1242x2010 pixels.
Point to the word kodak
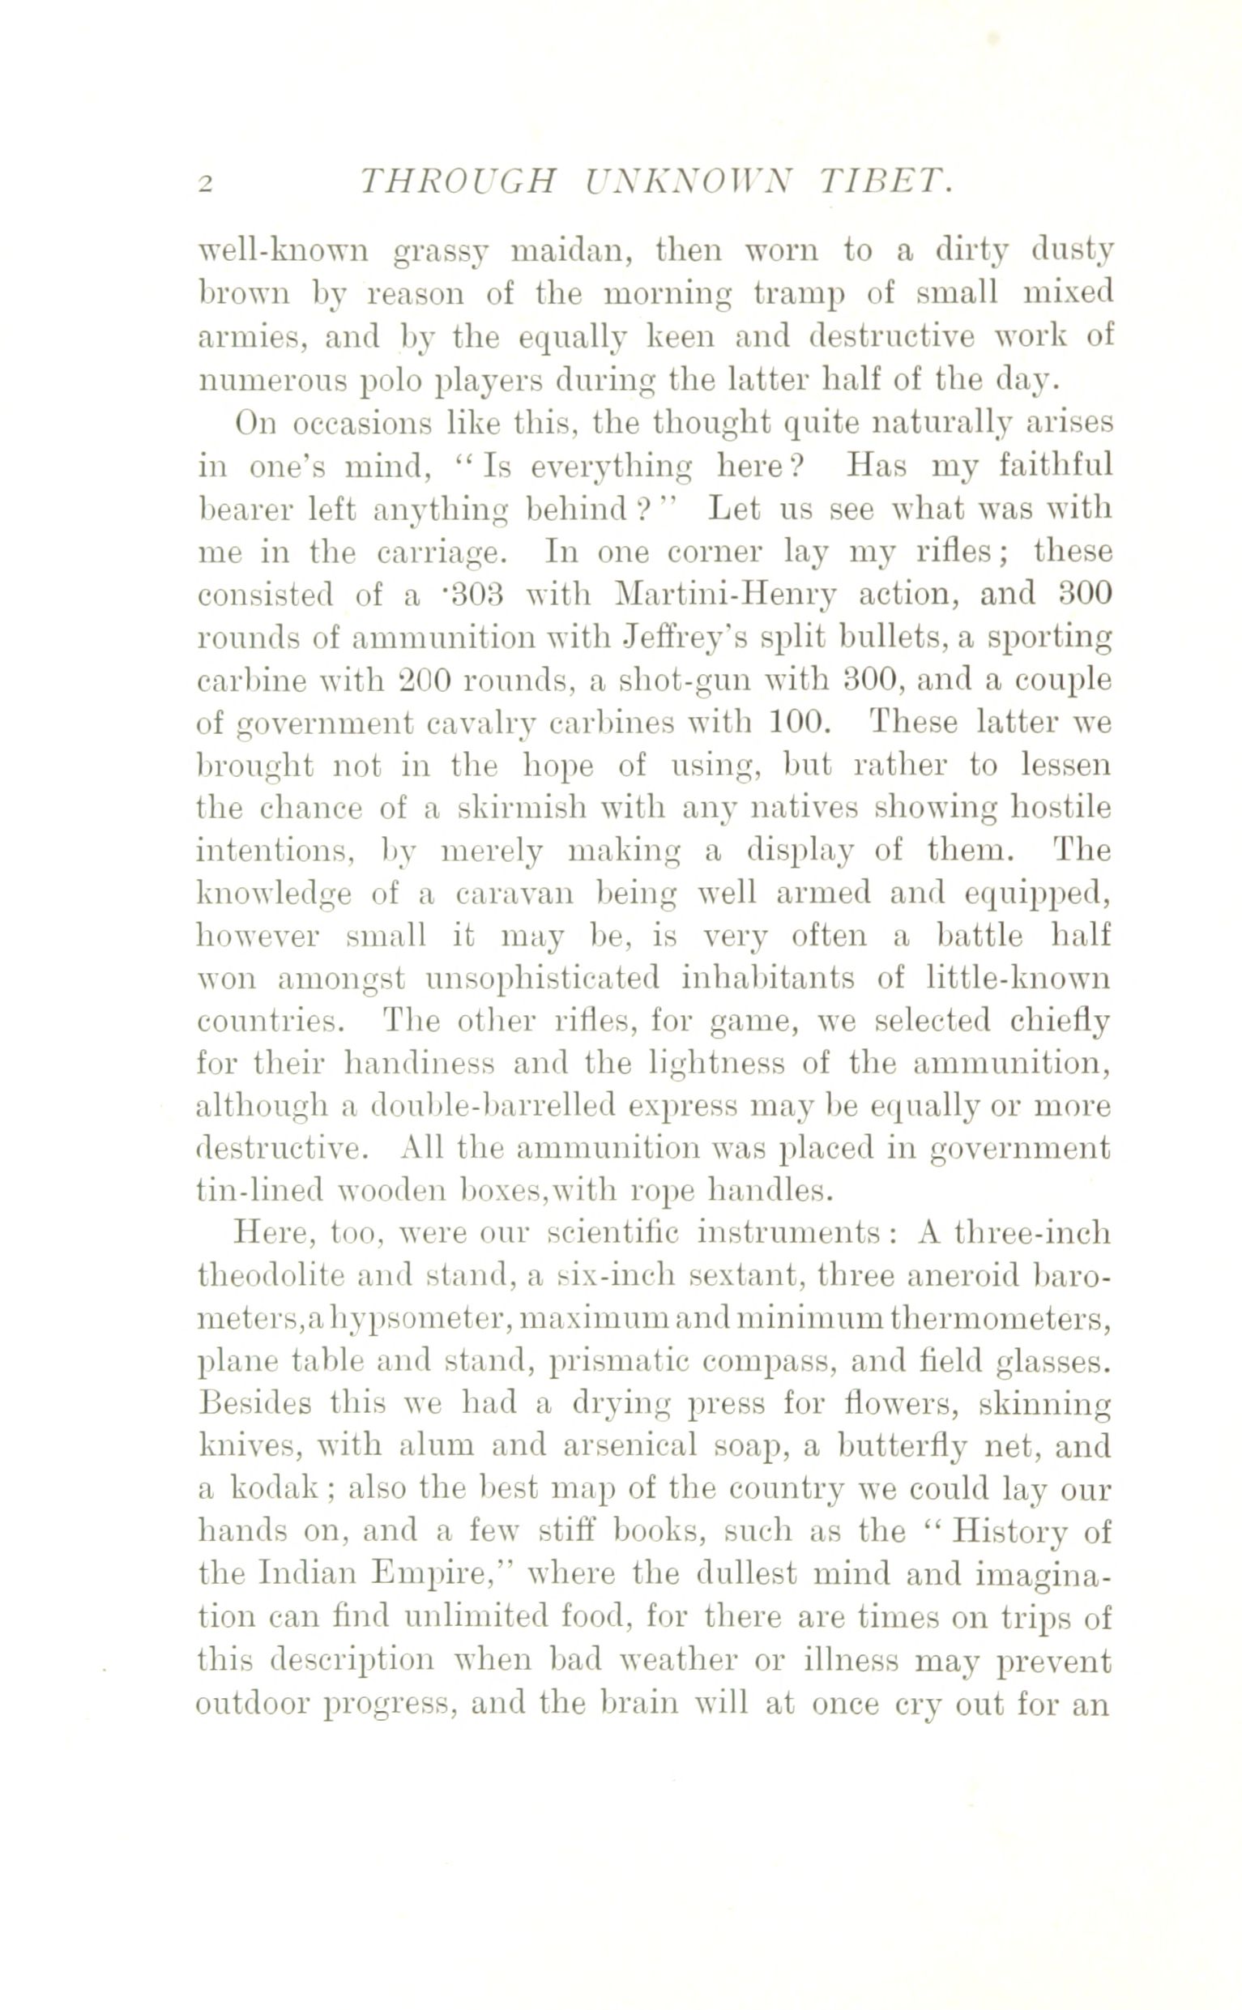click(275, 1490)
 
